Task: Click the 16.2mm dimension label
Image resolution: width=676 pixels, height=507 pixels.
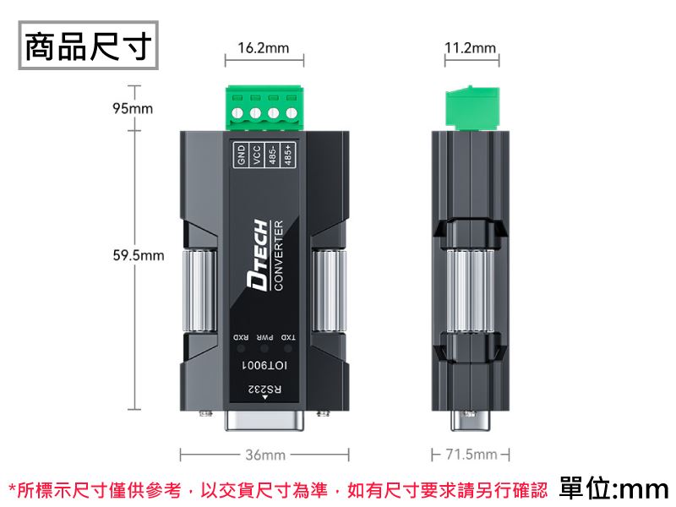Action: (264, 48)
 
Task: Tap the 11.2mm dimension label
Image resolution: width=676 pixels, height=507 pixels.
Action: (471, 47)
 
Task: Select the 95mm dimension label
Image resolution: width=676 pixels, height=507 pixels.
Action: (133, 108)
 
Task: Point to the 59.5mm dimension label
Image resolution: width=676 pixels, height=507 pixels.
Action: (139, 255)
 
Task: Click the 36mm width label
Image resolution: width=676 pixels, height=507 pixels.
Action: (265, 455)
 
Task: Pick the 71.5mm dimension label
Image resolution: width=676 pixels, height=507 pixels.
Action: (472, 455)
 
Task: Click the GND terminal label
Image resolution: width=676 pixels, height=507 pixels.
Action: (241, 155)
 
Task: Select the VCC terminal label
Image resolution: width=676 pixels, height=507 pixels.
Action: (257, 155)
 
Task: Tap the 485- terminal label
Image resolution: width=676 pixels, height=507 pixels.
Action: (272, 155)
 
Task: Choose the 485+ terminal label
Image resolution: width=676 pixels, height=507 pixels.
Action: (288, 155)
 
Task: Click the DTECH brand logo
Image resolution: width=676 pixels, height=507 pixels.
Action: (258, 255)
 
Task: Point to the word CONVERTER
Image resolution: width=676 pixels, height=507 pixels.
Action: (279, 255)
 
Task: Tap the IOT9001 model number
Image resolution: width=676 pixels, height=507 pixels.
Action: (264, 366)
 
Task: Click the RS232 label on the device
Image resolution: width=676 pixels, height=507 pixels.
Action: (264, 390)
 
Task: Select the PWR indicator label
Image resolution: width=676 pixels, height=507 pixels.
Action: (264, 337)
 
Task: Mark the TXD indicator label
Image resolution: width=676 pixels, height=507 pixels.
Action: (288, 337)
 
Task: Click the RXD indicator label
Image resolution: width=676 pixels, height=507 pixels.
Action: (241, 337)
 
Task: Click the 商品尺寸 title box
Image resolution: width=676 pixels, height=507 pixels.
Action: (89, 46)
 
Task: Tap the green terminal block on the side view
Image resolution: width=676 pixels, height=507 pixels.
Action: (472, 108)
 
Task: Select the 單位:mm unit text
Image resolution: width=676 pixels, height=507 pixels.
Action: (614, 488)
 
